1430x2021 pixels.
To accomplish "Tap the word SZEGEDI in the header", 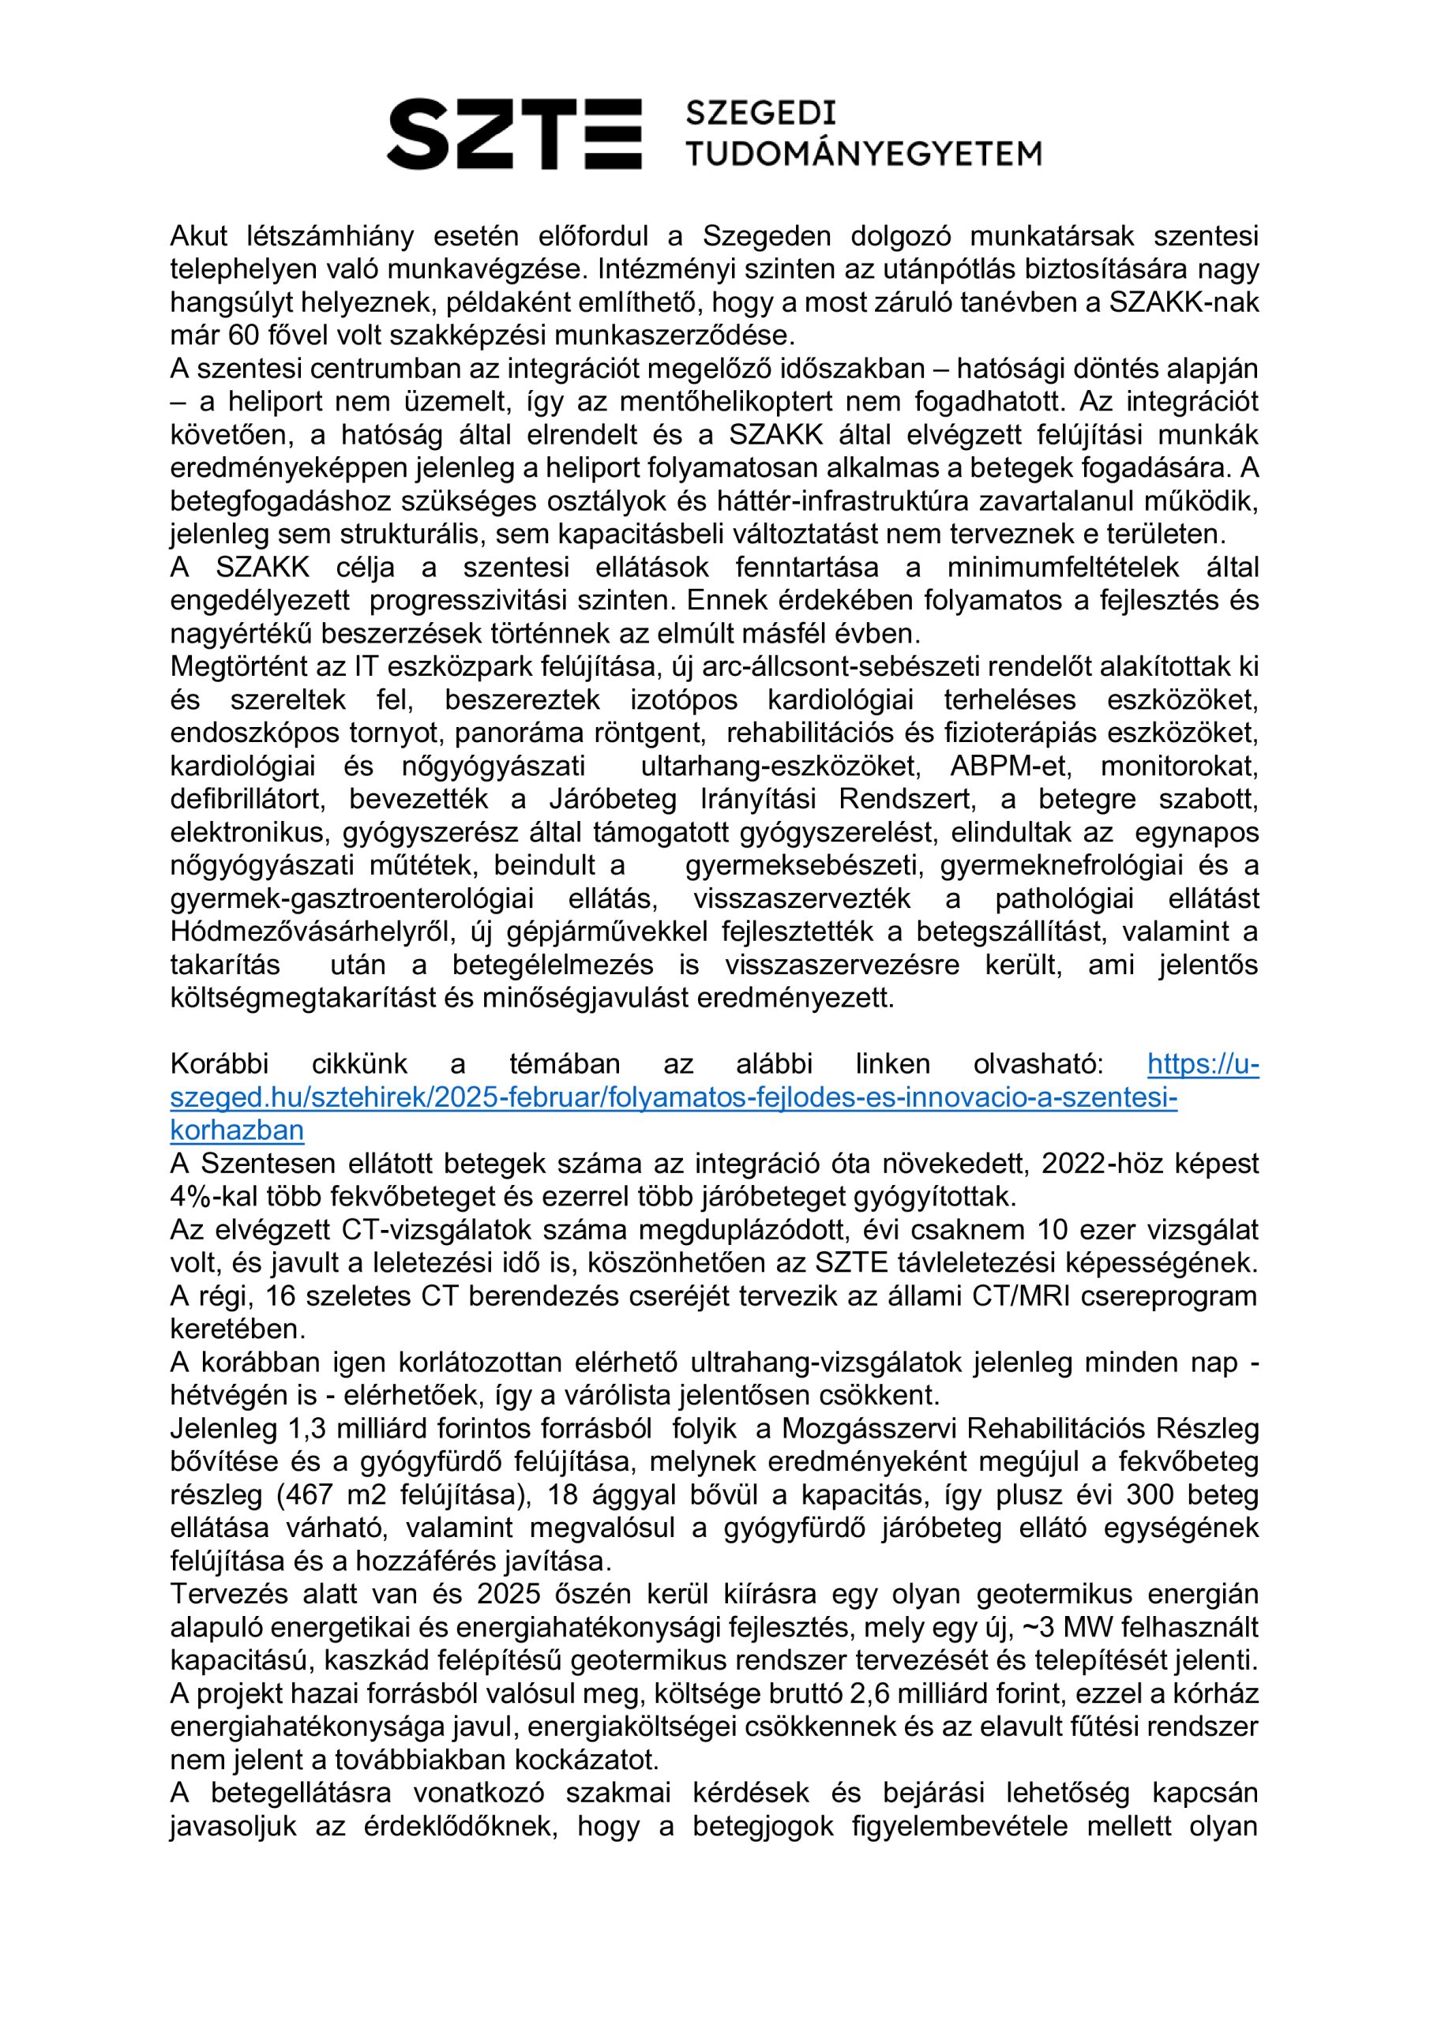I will pyautogui.click(x=760, y=114).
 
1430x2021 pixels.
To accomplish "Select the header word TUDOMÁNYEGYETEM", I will pyautogui.click(x=863, y=154).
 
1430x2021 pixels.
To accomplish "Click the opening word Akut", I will pyautogui.click(x=199, y=236).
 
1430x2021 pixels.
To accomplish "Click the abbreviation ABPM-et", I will pyautogui.click(x=1010, y=766).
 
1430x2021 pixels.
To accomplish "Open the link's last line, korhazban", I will pyautogui.click(x=237, y=1130).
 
